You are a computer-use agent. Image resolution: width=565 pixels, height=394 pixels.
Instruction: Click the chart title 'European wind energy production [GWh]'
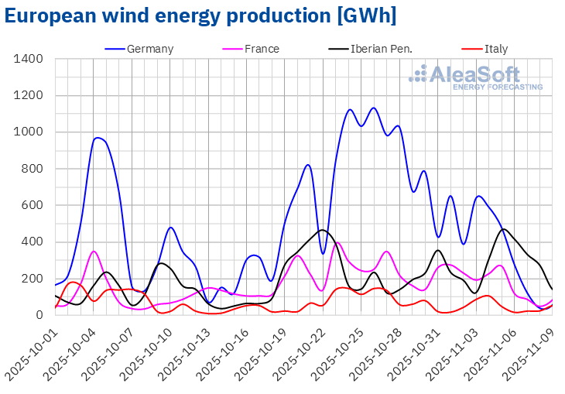point(200,16)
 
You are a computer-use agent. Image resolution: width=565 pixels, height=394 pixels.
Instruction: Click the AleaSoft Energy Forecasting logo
point(476,77)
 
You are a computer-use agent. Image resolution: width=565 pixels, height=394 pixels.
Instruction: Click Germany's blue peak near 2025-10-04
point(98,138)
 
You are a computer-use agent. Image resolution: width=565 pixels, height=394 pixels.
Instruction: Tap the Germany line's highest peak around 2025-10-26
point(374,108)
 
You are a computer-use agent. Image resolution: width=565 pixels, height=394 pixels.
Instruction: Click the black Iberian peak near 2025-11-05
point(504,229)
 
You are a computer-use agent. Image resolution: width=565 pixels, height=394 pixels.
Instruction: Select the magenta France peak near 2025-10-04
point(94,251)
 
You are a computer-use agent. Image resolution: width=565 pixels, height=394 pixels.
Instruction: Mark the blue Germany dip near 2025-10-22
point(323,253)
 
